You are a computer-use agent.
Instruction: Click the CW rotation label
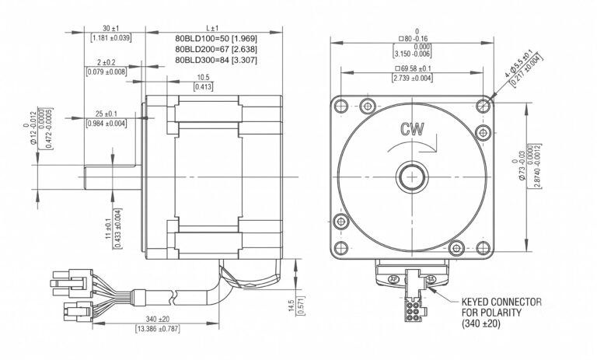pos(412,130)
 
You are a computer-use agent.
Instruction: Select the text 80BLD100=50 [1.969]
pos(216,38)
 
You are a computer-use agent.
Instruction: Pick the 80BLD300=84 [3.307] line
pos(216,60)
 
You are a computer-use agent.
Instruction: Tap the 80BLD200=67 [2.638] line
pos(216,49)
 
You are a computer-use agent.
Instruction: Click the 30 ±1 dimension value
pos(111,29)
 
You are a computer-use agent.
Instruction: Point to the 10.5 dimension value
pos(204,78)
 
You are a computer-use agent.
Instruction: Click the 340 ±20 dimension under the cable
pos(158,319)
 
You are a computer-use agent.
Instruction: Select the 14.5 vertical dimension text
pos(292,306)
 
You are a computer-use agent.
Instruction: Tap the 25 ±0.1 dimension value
pos(106,114)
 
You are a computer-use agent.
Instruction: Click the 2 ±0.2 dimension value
pos(106,62)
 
